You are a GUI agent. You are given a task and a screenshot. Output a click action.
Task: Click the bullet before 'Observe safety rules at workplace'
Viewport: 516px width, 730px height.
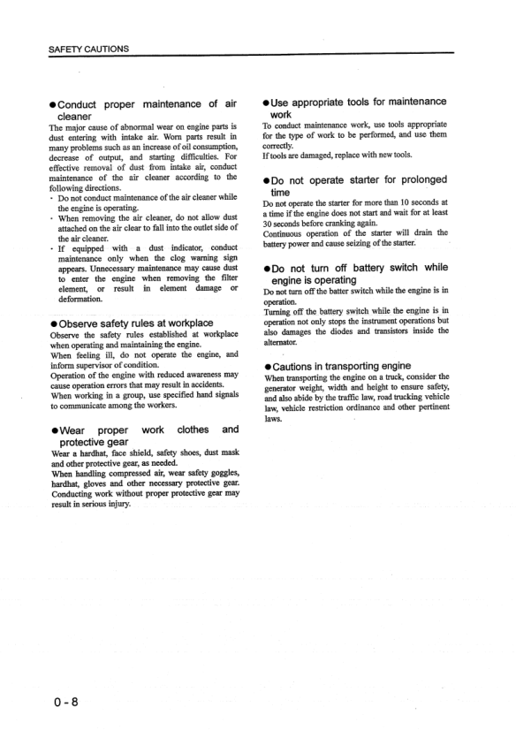coord(53,322)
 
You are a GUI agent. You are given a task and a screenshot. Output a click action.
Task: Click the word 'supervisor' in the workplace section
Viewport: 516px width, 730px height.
coord(96,364)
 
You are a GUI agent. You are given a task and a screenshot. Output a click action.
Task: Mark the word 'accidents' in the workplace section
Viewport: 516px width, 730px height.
coord(212,385)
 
